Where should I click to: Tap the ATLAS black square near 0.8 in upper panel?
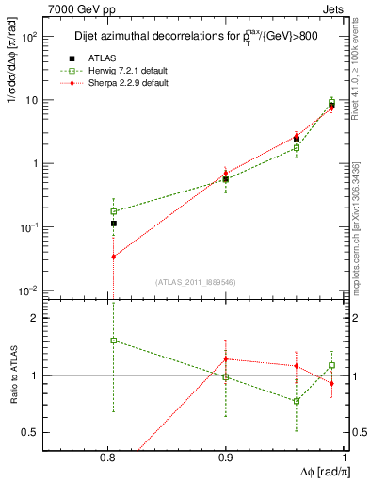(113, 224)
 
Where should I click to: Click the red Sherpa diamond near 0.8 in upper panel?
(113, 257)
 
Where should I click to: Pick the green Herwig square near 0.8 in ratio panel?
(113, 341)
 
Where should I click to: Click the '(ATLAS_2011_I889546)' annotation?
(195, 282)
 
